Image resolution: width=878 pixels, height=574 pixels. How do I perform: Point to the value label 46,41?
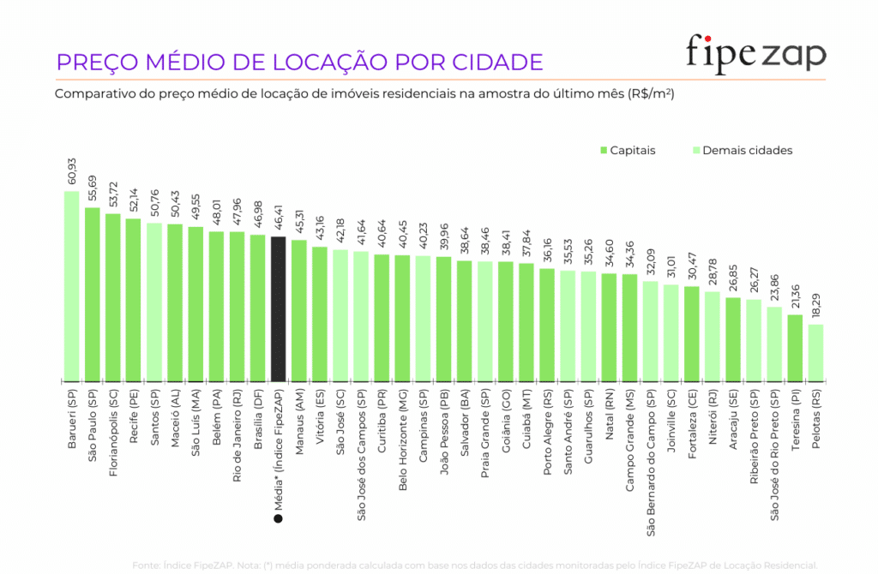coord(278,216)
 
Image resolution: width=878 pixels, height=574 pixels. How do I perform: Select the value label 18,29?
coord(815,303)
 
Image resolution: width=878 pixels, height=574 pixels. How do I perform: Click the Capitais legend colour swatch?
coord(603,151)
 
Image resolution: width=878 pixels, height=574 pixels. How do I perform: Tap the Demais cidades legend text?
coord(747,151)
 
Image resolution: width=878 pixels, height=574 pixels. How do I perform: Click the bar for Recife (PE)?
coord(133,299)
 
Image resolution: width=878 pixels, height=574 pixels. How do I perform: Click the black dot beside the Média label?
coord(278,519)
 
